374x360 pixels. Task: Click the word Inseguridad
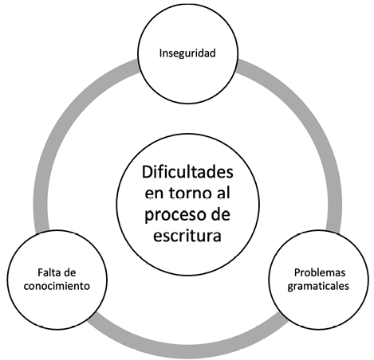click(x=187, y=53)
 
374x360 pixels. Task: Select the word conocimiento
click(x=57, y=286)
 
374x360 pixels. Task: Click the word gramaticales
click(x=318, y=286)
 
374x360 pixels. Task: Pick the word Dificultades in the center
click(x=187, y=172)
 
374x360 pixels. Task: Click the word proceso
click(x=171, y=215)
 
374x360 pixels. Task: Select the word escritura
click(x=187, y=235)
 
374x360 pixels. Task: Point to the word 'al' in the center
click(x=223, y=193)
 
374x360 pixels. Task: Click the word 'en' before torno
click(x=154, y=194)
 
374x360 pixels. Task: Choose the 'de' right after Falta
click(x=69, y=272)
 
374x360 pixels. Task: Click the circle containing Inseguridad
click(x=187, y=4)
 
